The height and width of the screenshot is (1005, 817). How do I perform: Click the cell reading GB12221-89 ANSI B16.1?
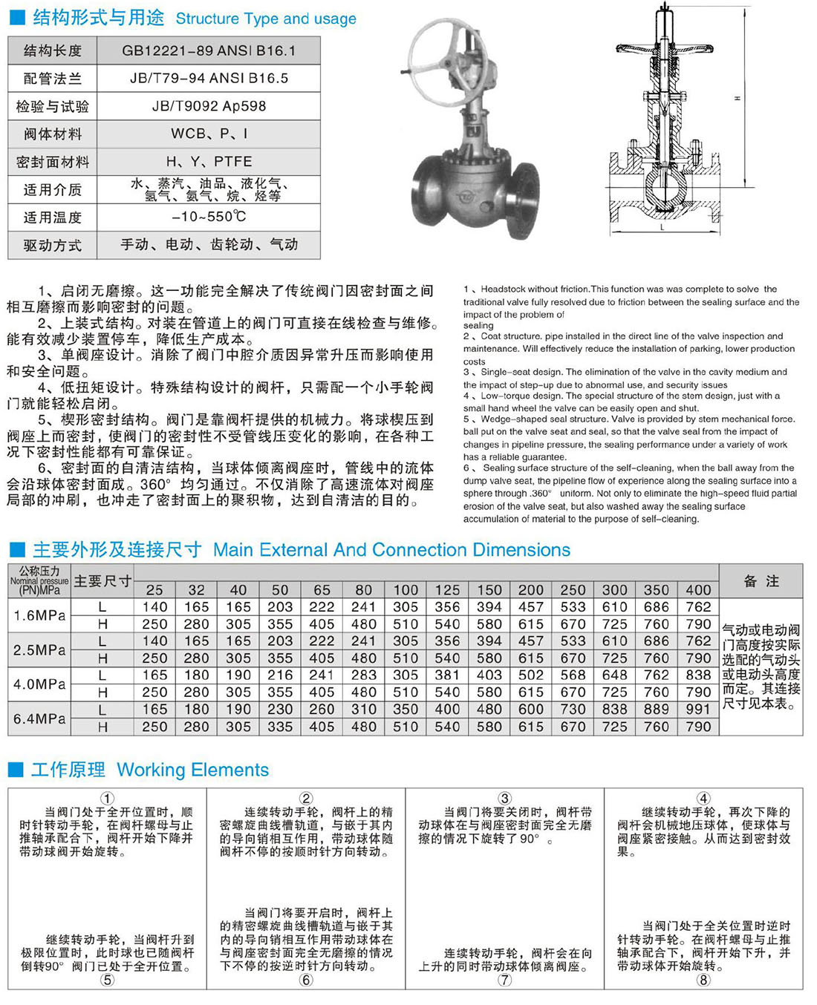point(209,50)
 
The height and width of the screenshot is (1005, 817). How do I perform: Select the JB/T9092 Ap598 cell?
point(209,106)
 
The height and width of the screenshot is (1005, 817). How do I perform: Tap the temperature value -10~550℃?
point(209,217)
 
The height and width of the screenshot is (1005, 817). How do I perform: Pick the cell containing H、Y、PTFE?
point(209,161)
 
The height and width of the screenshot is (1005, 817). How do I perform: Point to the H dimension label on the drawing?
point(737,99)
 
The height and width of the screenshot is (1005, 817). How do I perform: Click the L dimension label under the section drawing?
point(662,228)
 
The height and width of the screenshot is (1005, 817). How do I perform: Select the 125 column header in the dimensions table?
point(447,590)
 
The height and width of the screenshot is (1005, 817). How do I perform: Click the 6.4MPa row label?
point(39,718)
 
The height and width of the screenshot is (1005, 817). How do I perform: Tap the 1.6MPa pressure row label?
point(39,615)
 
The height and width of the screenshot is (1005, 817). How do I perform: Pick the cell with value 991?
point(698,710)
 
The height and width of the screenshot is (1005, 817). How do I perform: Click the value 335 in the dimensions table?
point(280,727)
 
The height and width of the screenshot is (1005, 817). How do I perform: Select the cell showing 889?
point(657,710)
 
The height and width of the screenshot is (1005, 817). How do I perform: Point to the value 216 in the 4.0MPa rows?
point(280,675)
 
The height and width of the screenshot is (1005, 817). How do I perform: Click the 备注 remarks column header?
point(761,581)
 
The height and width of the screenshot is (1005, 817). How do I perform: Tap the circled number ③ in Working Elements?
point(504,799)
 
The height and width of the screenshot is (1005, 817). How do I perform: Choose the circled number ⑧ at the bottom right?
point(703,979)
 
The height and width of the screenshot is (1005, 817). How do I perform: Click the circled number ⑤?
point(108,980)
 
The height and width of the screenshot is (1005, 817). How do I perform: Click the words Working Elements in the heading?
point(193,770)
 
